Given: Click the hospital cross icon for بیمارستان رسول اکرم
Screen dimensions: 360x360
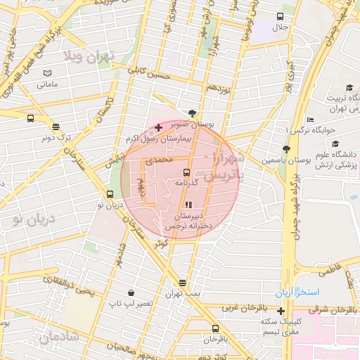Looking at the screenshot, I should tap(158, 128).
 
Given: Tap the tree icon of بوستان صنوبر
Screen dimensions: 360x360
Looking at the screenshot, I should tap(193, 112).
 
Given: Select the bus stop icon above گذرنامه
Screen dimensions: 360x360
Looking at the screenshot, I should tap(186, 172).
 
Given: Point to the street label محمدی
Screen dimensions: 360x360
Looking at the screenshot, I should tap(158, 161).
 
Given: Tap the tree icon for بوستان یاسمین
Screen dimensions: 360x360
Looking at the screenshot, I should tap(285, 149).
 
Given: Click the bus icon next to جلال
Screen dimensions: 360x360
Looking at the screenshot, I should tap(281, 16).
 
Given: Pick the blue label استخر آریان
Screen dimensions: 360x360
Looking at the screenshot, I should tap(298, 292).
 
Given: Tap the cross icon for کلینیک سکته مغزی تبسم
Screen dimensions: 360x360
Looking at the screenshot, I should tap(281, 311).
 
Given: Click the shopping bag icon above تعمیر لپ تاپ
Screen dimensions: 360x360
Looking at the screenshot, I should tap(131, 292).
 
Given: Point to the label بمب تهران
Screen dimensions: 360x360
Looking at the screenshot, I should tap(183, 292).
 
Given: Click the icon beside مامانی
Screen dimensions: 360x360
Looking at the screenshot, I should tap(47, 73).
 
